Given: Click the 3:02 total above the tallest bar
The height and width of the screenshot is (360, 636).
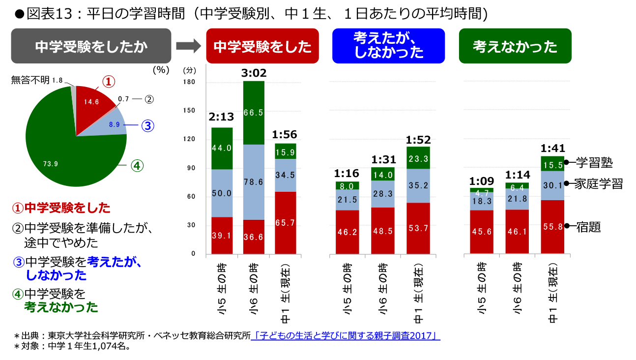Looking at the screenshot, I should pyautogui.click(x=254, y=73).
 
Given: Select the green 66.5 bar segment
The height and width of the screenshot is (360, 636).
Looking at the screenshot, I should pyautogui.click(x=254, y=113).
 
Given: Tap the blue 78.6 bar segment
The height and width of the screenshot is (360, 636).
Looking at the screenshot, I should pyautogui.click(x=254, y=182).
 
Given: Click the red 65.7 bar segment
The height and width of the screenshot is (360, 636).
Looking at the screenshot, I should pyautogui.click(x=286, y=223).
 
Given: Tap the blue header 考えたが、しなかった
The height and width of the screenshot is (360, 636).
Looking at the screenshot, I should pyautogui.click(x=388, y=46).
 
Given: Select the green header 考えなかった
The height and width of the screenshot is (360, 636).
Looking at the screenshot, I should pyautogui.click(x=515, y=46).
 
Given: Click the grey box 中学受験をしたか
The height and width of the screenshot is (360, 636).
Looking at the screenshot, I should pyautogui.click(x=91, y=46).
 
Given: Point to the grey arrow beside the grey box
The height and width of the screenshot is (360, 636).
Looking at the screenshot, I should pyautogui.click(x=188, y=46).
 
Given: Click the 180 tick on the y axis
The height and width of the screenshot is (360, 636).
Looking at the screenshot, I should pyautogui.click(x=190, y=82).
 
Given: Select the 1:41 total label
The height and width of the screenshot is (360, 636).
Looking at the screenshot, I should pyautogui.click(x=552, y=148).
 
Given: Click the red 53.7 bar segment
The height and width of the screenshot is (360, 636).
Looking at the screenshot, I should pyautogui.click(x=418, y=228).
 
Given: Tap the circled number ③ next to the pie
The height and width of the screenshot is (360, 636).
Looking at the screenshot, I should pyautogui.click(x=147, y=126).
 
